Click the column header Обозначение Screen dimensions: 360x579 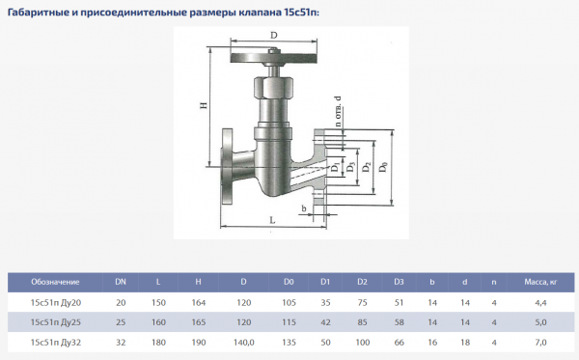pyautogui.click(x=55, y=282)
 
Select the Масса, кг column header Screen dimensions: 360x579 pyautogui.click(x=540, y=282)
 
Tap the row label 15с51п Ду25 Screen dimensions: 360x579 pyautogui.click(x=56, y=321)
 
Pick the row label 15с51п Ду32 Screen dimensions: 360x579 pyautogui.click(x=56, y=342)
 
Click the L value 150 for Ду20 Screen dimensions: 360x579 pyautogui.click(x=158, y=302)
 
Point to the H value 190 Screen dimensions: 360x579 pyautogui.click(x=198, y=342)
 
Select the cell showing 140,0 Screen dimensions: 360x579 pyautogui.click(x=243, y=342)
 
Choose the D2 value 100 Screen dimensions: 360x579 pyautogui.click(x=362, y=342)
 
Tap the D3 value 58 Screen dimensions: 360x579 pyautogui.click(x=399, y=321)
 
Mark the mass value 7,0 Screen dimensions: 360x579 pyautogui.click(x=540, y=342)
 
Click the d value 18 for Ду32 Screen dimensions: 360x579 pyautogui.click(x=464, y=342)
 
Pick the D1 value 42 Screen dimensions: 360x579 pyautogui.click(x=326, y=321)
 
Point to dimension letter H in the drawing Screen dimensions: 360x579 pyautogui.click(x=204, y=106)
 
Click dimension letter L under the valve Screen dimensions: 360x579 pyautogui.click(x=272, y=220)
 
